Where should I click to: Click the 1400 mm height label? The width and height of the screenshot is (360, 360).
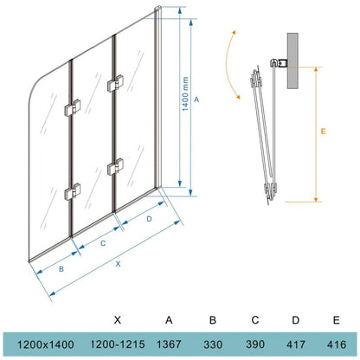[x=185, y=93]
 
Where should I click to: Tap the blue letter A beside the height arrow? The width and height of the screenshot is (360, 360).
[x=196, y=100]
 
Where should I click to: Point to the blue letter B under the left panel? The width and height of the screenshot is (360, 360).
[x=61, y=269]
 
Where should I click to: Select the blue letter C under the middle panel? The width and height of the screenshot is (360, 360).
[x=103, y=243]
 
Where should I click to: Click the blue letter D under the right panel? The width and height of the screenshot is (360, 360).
[x=149, y=219]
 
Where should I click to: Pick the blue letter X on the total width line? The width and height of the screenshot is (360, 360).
[x=118, y=264]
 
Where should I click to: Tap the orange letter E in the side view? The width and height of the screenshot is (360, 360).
[x=323, y=132]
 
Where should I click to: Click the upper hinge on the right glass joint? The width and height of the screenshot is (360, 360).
[x=115, y=83]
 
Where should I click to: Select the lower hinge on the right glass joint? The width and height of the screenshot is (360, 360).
[x=115, y=167]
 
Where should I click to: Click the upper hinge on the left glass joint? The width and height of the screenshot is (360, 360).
[x=73, y=108]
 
